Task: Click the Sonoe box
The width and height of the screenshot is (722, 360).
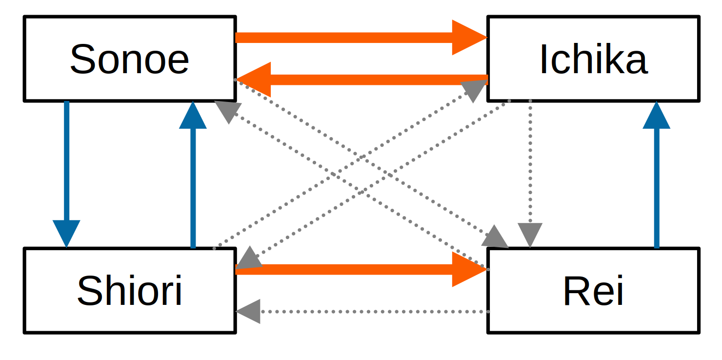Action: [130, 59]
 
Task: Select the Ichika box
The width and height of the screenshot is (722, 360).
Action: [593, 59]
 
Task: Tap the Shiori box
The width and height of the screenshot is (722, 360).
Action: [130, 291]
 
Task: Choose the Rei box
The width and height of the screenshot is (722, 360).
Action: [593, 291]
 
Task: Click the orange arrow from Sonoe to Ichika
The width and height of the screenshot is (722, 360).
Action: [341, 38]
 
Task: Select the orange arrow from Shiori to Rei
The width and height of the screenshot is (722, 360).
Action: [341, 269]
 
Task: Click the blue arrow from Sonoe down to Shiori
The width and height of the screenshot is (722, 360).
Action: [67, 161]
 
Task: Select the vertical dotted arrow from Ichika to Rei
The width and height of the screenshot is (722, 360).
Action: [530, 161]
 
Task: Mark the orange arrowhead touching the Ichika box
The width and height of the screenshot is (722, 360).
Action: [469, 38]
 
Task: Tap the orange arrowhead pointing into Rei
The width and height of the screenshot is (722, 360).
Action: [469, 269]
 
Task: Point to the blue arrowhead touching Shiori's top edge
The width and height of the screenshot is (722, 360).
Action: [67, 233]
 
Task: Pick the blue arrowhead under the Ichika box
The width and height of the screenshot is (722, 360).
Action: [657, 116]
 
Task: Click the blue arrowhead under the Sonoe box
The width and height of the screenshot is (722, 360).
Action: [193, 116]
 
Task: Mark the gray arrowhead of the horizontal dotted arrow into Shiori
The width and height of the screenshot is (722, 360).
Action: [249, 311]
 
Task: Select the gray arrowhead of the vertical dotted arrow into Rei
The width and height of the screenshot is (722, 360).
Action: [530, 235]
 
